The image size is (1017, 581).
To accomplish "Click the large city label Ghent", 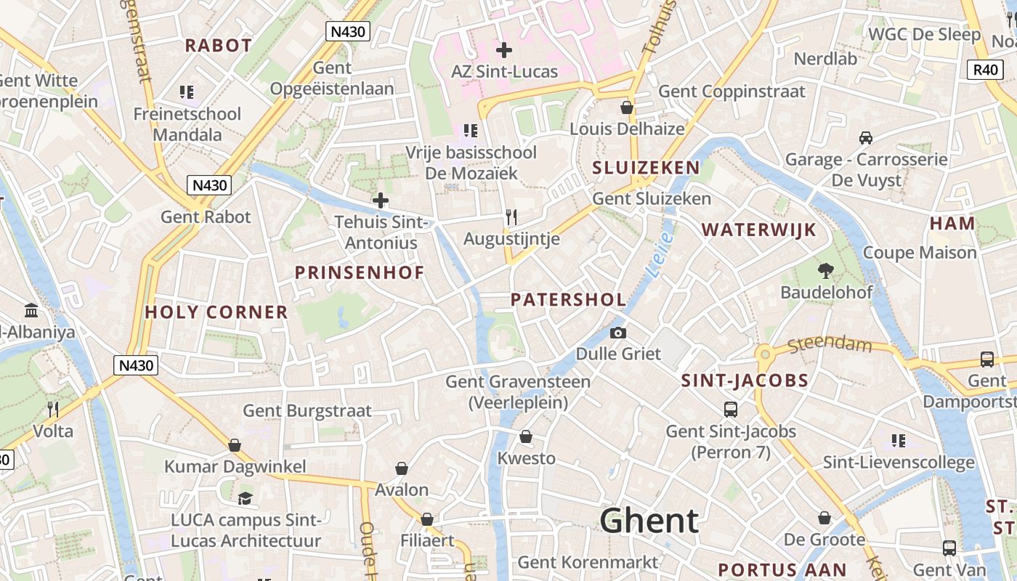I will coord(649,521).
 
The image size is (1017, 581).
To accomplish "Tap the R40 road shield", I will coord(986,70).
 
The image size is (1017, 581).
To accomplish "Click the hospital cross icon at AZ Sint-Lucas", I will coord(503,50).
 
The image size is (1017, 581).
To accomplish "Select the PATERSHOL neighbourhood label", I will coord(568,299).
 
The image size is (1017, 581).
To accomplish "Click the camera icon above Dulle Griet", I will coord(618,333).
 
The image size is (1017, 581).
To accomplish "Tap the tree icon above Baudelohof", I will coord(825,271).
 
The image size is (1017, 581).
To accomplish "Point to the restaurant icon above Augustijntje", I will coord(511,216).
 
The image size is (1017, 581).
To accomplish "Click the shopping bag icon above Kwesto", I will coord(526,436).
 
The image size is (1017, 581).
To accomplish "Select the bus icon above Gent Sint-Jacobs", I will coord(731,409).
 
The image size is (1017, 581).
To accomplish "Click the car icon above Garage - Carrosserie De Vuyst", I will coord(865,137).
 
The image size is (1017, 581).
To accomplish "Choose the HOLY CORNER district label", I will coord(216,312).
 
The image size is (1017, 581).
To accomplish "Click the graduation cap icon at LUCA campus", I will coord(246,498).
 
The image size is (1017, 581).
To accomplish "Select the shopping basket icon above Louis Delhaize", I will coord(627,107).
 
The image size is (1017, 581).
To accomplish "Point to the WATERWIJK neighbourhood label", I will coord(758,230).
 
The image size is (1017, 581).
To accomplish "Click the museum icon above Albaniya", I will coord(31,311).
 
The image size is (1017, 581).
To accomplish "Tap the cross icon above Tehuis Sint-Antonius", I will coord(380,200).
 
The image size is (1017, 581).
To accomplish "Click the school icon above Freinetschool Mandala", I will coord(187,92).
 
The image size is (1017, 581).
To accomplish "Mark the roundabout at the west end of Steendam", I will coord(763,354).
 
